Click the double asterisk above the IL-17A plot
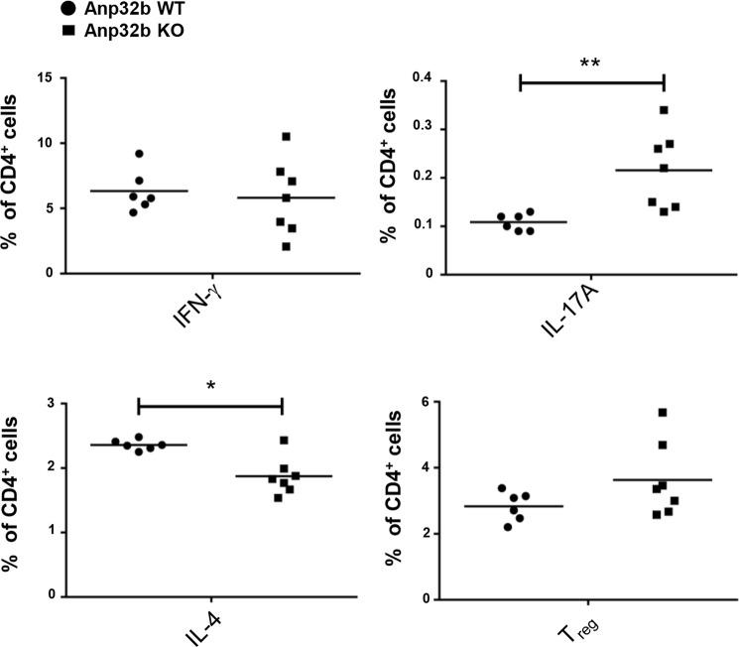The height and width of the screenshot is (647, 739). click(x=592, y=62)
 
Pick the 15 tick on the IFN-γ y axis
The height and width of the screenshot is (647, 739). click(x=50, y=76)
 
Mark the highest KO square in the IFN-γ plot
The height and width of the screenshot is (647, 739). click(x=286, y=136)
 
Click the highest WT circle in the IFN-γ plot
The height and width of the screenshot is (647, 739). click(x=139, y=154)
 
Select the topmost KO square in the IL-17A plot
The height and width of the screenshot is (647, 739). click(x=664, y=109)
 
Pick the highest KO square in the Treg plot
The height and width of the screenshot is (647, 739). click(x=663, y=412)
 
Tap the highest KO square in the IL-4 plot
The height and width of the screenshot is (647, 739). click(x=284, y=441)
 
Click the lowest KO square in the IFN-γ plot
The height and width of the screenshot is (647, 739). click(x=286, y=246)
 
